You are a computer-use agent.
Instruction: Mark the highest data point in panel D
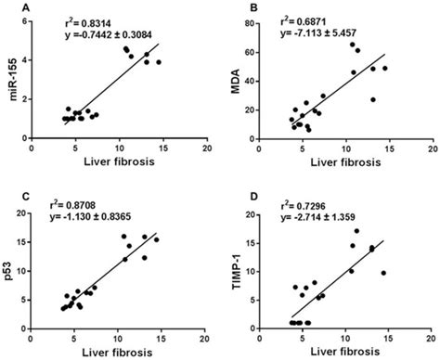click(356, 231)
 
